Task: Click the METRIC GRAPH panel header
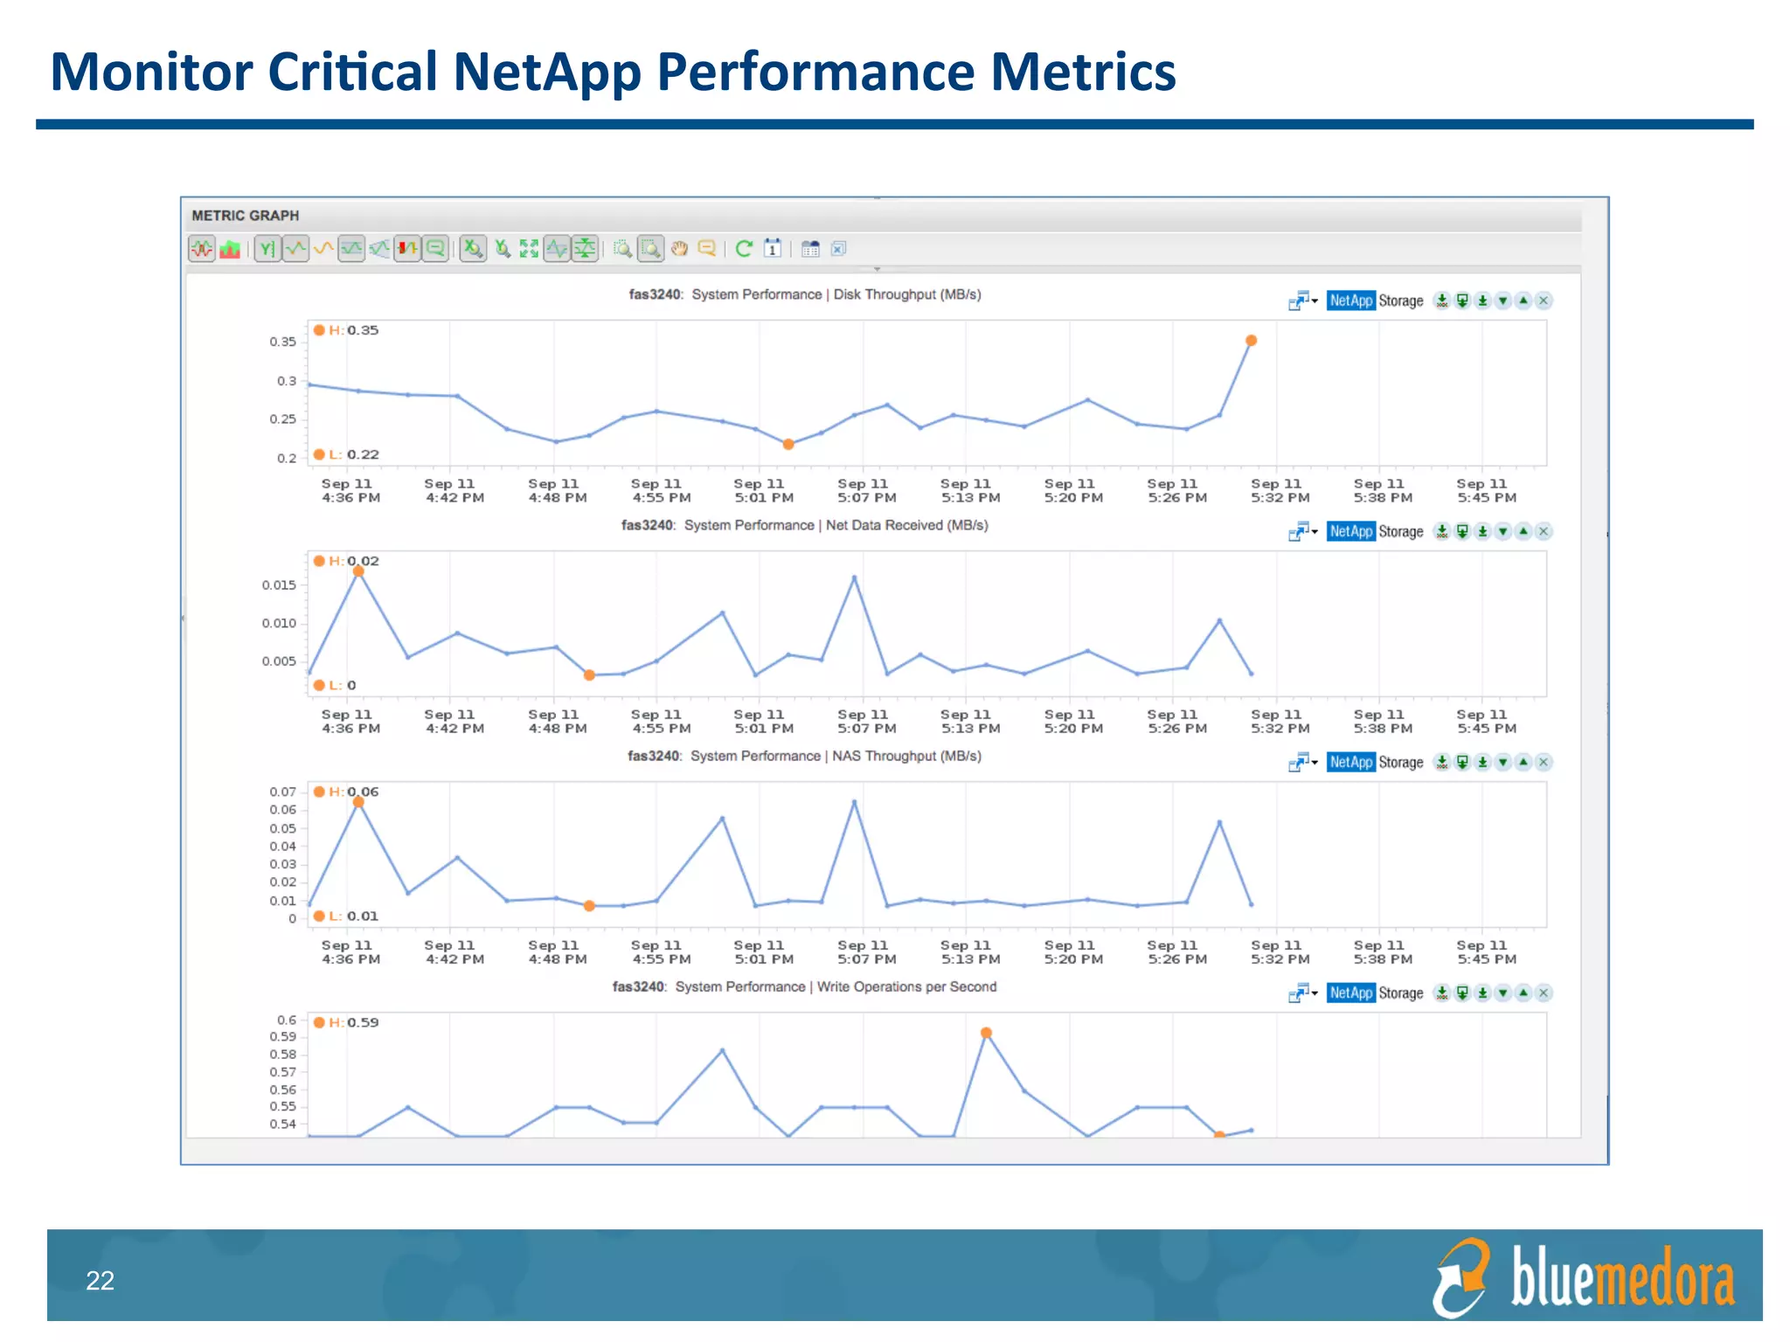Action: click(x=245, y=216)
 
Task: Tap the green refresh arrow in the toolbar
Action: click(x=744, y=249)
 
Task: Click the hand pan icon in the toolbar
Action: click(x=679, y=249)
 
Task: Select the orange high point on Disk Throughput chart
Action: click(x=1251, y=341)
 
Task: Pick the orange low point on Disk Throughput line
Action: click(x=788, y=445)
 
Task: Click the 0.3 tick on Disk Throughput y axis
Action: click(x=287, y=381)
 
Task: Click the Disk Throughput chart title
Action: click(x=805, y=294)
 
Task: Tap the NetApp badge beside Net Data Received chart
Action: click(x=1350, y=531)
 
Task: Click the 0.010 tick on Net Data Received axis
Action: click(x=279, y=623)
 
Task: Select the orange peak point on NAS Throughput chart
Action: click(x=358, y=802)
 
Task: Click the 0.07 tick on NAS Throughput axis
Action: click(x=282, y=792)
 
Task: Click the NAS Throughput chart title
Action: click(x=804, y=756)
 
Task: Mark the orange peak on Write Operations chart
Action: click(x=986, y=1033)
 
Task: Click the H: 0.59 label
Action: click(x=354, y=1022)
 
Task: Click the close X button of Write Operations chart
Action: click(x=1544, y=993)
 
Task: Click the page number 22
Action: click(x=100, y=1281)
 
